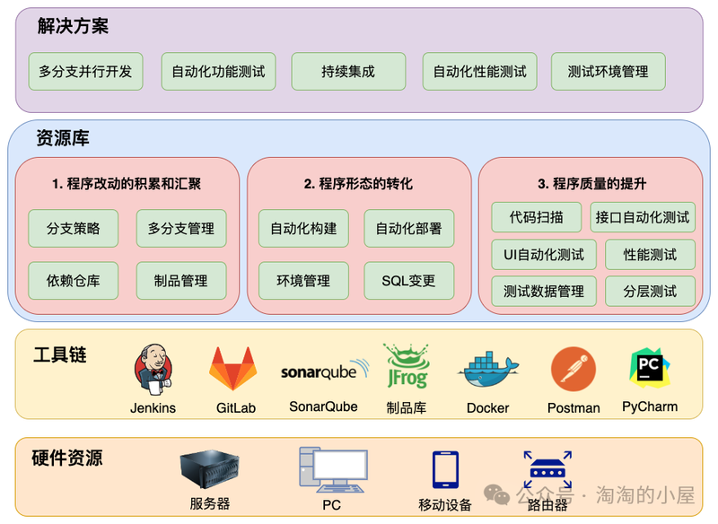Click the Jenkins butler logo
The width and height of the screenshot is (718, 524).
click(153, 370)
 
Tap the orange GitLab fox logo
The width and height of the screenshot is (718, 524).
click(233, 368)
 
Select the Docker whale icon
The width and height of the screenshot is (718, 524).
click(488, 369)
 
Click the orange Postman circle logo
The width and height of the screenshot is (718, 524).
click(574, 369)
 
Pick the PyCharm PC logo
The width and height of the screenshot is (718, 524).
click(649, 368)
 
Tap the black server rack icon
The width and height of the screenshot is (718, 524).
click(210, 468)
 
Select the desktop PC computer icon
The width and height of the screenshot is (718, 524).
click(333, 469)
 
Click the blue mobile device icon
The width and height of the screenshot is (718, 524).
click(445, 469)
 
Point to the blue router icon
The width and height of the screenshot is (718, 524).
click(547, 470)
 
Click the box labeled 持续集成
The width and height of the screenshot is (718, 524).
click(348, 72)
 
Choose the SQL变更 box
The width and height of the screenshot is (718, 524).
click(409, 281)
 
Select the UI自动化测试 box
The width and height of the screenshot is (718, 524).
click(544, 255)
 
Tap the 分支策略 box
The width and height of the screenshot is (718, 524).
click(74, 229)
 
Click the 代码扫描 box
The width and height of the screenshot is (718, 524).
click(536, 217)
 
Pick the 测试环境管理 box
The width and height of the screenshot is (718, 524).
click(609, 72)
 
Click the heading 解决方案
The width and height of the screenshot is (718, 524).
click(73, 26)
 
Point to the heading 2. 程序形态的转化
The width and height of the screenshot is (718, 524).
click(358, 184)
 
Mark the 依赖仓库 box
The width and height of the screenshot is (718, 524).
click(74, 281)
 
